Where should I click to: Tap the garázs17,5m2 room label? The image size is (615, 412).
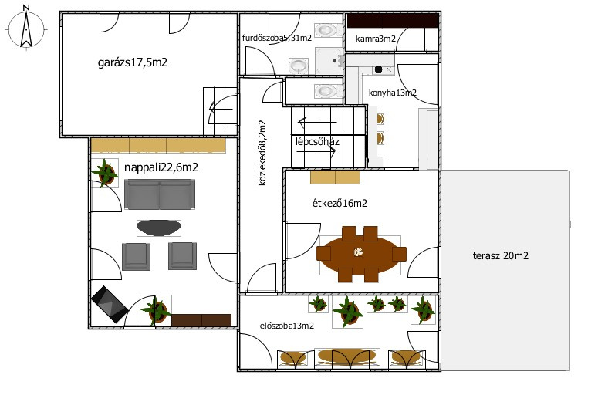click(x=133, y=62)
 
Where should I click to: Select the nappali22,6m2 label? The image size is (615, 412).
click(x=161, y=167)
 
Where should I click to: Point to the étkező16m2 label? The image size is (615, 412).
click(x=340, y=203)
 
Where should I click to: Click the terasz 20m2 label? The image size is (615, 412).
click(x=501, y=255)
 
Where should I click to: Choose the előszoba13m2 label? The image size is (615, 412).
click(x=287, y=326)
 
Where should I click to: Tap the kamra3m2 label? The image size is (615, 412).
click(x=375, y=39)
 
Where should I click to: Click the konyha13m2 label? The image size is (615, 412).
click(x=393, y=93)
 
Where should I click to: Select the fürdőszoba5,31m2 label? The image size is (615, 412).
click(x=277, y=38)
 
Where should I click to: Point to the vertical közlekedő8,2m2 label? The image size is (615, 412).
click(x=262, y=153)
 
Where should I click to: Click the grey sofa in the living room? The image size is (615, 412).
click(x=160, y=194)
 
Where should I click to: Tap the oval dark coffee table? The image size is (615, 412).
click(x=159, y=228)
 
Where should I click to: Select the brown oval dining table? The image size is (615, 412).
click(x=362, y=254)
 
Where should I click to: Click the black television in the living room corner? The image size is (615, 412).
click(x=110, y=304)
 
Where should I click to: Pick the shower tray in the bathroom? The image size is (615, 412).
click(x=329, y=61)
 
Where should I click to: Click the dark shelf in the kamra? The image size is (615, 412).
click(x=392, y=21)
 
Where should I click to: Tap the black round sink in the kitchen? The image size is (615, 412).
click(x=378, y=69)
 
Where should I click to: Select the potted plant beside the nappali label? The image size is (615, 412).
click(x=105, y=173)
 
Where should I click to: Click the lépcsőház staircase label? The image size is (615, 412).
click(x=317, y=141)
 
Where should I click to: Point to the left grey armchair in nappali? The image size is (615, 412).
click(x=136, y=256)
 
